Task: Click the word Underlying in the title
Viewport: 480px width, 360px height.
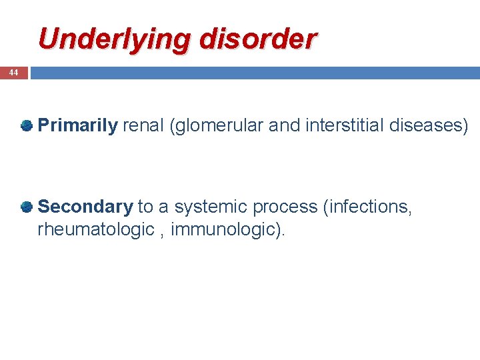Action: tap(106, 40)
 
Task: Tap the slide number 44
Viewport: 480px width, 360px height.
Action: tap(13, 73)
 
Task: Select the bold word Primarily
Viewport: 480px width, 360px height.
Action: tap(78, 126)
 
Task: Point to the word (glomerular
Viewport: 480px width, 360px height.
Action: tap(217, 126)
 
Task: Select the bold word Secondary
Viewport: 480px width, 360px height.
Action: tap(85, 207)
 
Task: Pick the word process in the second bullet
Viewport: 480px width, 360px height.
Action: tap(285, 207)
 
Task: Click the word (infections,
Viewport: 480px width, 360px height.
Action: tap(367, 207)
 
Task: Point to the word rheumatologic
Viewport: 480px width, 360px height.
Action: tap(96, 230)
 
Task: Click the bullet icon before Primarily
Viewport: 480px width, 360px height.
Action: tap(27, 125)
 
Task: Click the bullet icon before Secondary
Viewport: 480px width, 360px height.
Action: tap(27, 207)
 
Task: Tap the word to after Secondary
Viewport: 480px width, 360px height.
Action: tap(145, 207)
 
